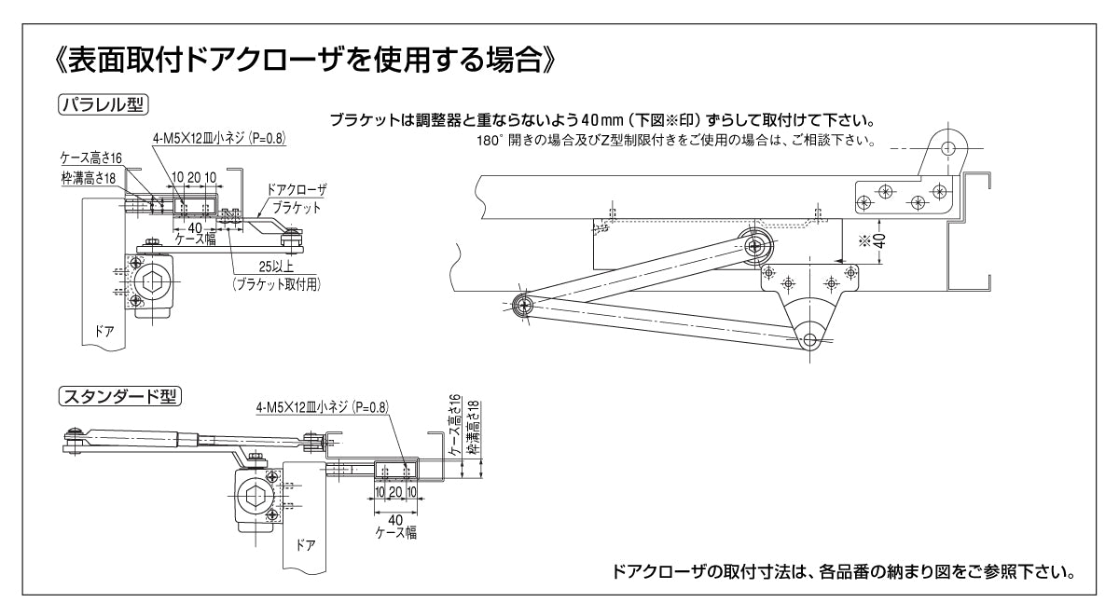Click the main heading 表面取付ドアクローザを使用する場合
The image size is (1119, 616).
(307, 64)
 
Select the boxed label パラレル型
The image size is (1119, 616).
(103, 104)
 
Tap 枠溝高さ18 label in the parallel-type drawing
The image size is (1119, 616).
(90, 176)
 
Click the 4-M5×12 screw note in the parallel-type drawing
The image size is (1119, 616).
(219, 137)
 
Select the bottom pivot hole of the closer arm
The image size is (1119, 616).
(809, 340)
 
